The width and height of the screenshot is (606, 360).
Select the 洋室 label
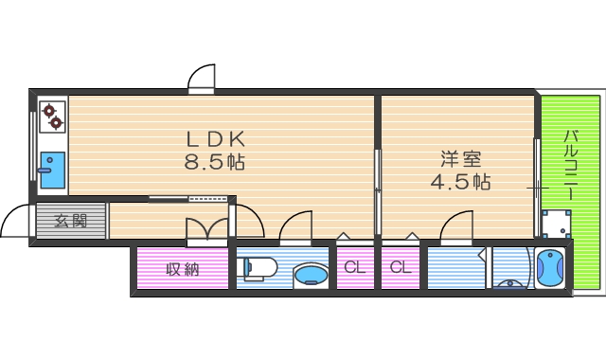(x=460, y=158)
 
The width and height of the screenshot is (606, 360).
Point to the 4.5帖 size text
(x=460, y=182)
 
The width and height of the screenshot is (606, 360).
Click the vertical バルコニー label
(x=570, y=164)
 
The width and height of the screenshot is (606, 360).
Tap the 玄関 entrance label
(x=70, y=222)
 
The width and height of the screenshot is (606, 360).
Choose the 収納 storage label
(x=182, y=269)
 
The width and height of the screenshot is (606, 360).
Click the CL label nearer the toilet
(x=354, y=268)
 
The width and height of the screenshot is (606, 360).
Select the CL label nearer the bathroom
(x=401, y=268)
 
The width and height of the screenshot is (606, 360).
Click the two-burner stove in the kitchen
(x=53, y=116)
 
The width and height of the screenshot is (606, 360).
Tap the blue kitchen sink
(x=51, y=170)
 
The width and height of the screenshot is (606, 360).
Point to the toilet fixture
(x=257, y=268)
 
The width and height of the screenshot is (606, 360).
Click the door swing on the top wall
(x=203, y=78)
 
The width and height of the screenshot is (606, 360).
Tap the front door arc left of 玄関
(x=16, y=223)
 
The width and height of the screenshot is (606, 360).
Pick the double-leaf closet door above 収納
(x=207, y=230)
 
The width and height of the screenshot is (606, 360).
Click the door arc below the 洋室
(x=457, y=227)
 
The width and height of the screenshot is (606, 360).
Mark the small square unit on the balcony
(x=555, y=225)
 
